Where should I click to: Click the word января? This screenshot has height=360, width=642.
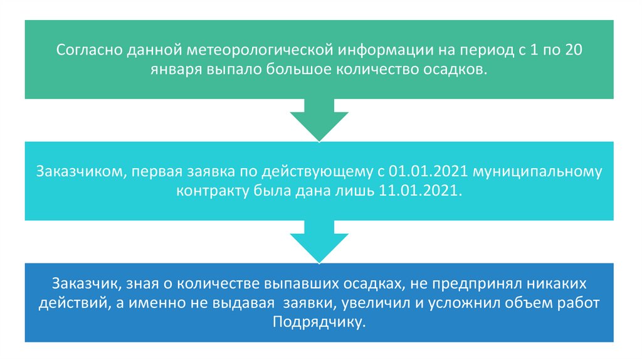point(174,70)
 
